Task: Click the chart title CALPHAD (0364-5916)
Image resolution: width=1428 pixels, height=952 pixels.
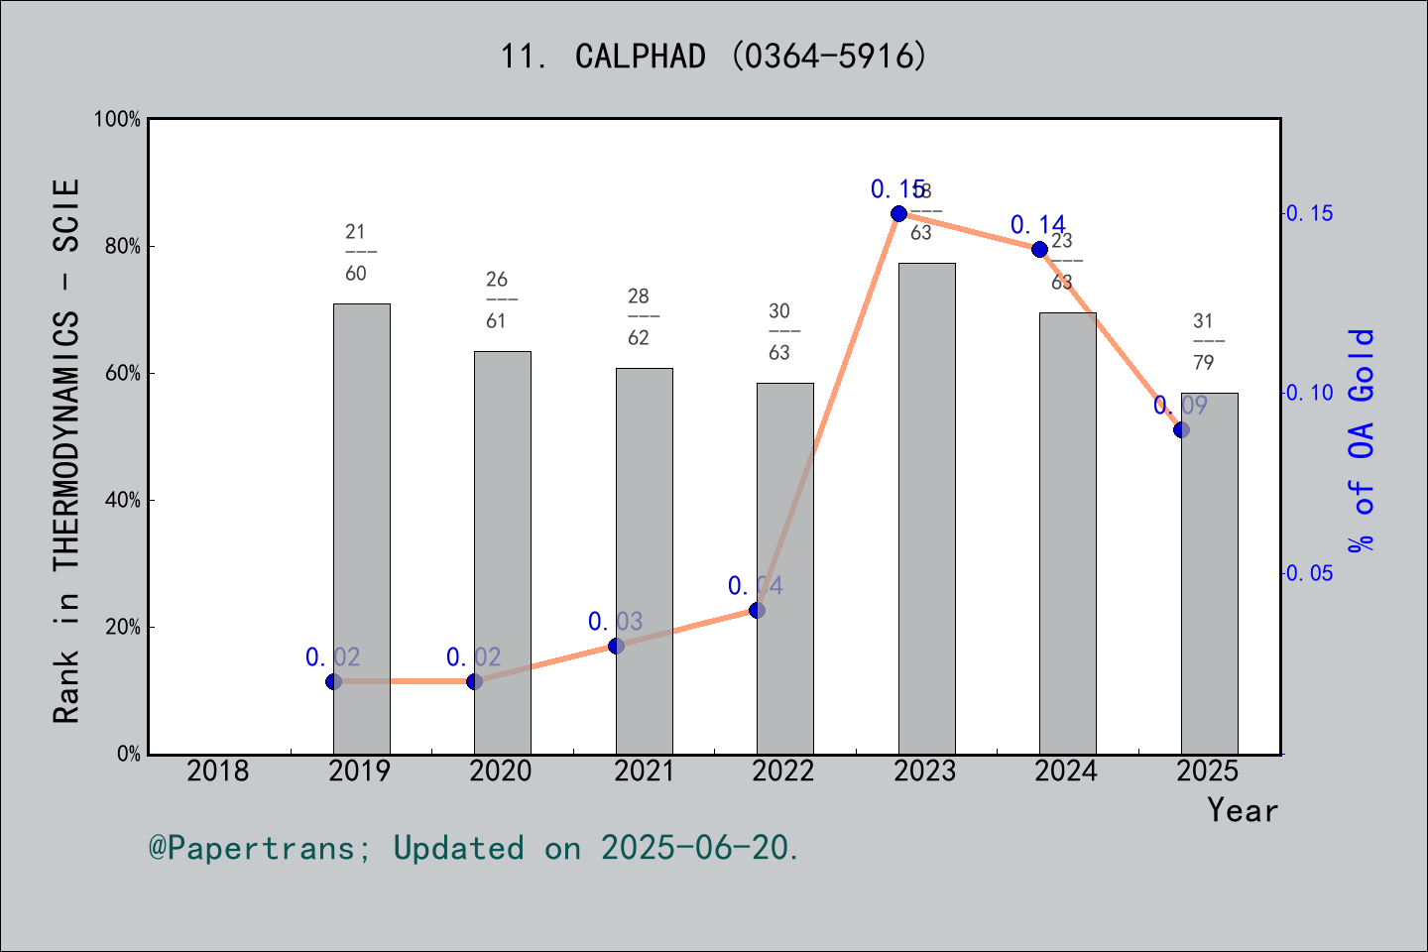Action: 713,57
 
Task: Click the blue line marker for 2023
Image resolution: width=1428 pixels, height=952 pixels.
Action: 898,213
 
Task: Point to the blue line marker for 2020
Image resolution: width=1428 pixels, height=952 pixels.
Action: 474,681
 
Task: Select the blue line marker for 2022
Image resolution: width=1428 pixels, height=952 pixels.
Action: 757,610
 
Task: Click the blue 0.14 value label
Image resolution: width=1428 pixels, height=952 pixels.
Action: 1037,225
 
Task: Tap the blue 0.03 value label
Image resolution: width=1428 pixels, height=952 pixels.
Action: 615,622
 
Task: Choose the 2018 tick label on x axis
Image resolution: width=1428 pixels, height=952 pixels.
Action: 218,771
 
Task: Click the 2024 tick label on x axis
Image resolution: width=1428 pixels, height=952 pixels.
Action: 1066,771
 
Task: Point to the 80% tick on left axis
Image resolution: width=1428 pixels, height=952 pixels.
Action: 123,246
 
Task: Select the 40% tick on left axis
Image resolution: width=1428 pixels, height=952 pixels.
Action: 123,500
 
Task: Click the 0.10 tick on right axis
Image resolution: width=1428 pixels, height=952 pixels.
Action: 1310,393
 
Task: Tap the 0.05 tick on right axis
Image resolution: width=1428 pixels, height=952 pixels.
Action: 1310,573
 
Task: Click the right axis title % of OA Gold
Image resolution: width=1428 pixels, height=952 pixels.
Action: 1362,440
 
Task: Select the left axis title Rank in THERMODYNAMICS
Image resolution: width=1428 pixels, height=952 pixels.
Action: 66,451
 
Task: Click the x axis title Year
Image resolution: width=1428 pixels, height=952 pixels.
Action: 1242,810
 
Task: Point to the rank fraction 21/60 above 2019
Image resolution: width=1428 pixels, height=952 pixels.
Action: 356,252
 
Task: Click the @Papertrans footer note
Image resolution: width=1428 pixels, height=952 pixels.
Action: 474,848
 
